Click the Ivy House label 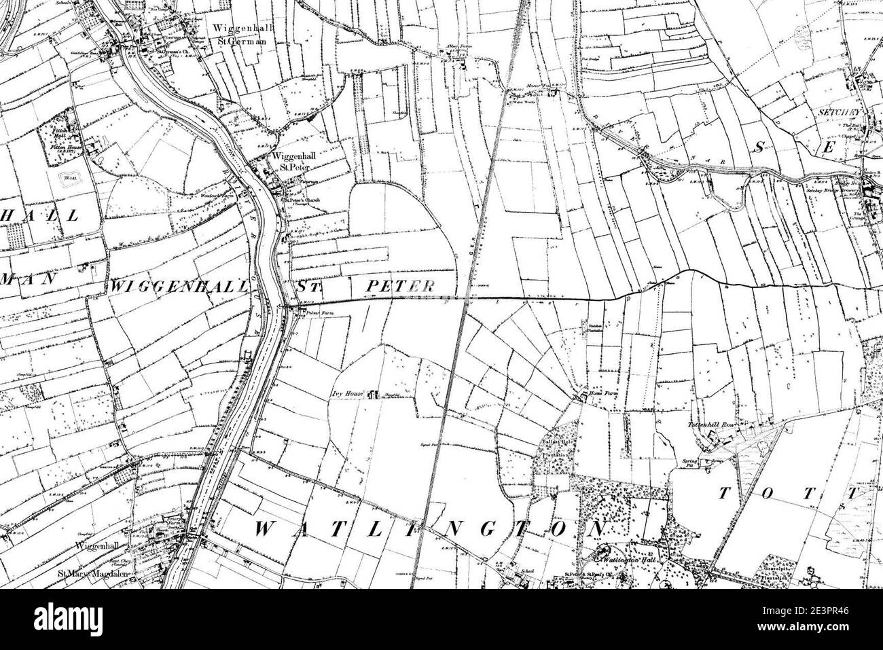(x=345, y=393)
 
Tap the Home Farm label (x=602, y=394)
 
